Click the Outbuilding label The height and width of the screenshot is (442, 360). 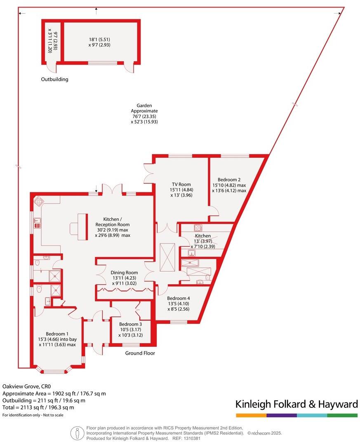pyautogui.click(x=54, y=80)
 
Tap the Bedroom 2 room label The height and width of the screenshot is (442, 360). pyautogui.click(x=229, y=180)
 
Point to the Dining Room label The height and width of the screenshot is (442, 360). pyautogui.click(x=124, y=273)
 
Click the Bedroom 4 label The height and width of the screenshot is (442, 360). pyautogui.click(x=179, y=298)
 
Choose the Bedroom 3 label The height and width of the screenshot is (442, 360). pyautogui.click(x=130, y=324)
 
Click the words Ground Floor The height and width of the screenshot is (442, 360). pyautogui.click(x=140, y=353)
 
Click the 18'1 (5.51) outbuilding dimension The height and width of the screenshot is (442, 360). pyautogui.click(x=99, y=40)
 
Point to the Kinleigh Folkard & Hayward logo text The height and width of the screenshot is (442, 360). pyautogui.click(x=296, y=404)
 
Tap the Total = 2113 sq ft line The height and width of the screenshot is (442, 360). pyautogui.click(x=38, y=407)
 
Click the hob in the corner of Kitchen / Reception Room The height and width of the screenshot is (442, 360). pyautogui.click(x=39, y=202)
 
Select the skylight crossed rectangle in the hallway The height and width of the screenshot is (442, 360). pyautogui.click(x=167, y=258)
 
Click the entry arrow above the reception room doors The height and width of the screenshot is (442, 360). pyautogui.click(x=96, y=189)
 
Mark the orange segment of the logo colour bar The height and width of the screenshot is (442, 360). pyautogui.click(x=251, y=415)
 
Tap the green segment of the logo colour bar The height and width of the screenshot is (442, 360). pyautogui.click(x=342, y=415)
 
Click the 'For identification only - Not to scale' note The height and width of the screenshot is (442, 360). pyautogui.click(x=33, y=415)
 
